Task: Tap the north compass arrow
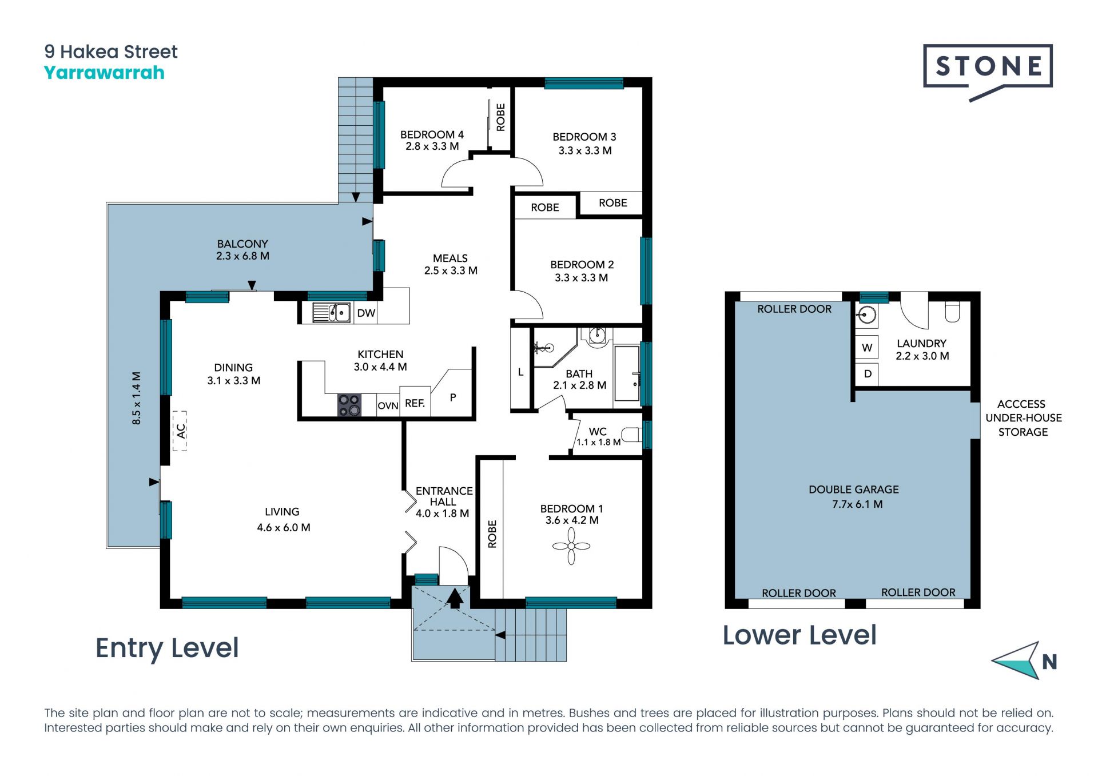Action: click(x=1017, y=660)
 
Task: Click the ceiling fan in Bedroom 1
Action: click(x=571, y=546)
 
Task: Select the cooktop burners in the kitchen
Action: click(x=349, y=405)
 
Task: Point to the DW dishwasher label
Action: click(x=366, y=313)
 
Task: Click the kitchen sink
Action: click(x=332, y=313)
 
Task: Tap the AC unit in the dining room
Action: click(x=180, y=431)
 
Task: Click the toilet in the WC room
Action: click(x=632, y=435)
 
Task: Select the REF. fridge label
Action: click(x=415, y=403)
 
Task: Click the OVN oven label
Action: click(x=388, y=405)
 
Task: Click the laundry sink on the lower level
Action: click(x=867, y=315)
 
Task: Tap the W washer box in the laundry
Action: click(x=867, y=348)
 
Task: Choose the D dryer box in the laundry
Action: click(x=867, y=374)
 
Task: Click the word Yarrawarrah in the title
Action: click(x=104, y=73)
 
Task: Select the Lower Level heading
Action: click(x=799, y=635)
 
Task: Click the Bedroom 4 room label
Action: click(x=432, y=141)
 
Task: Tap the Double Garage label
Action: click(x=854, y=497)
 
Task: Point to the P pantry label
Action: click(x=453, y=397)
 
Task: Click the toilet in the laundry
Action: click(x=953, y=312)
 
